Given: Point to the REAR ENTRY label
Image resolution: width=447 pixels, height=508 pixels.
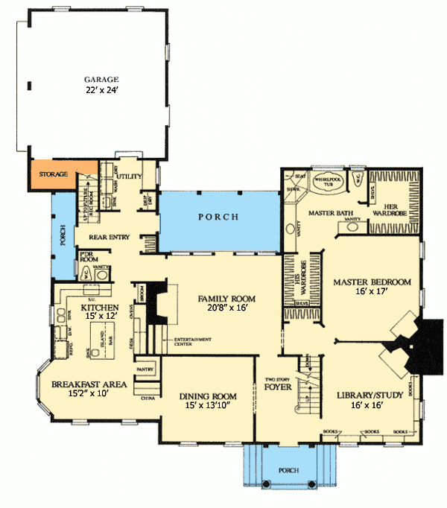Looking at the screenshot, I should coord(110,237).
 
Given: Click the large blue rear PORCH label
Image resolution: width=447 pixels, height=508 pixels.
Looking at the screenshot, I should coord(218,218).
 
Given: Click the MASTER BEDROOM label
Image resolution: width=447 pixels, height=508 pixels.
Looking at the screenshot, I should coord(372,282).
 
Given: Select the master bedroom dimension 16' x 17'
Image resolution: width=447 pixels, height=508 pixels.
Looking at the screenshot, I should coord(372,293).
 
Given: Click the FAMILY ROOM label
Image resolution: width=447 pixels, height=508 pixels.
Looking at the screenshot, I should coord(222,299).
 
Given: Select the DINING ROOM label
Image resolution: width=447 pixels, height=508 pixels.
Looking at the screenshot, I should coord(211,396).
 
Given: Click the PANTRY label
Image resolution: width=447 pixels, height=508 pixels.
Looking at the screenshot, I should coord(145,369).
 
